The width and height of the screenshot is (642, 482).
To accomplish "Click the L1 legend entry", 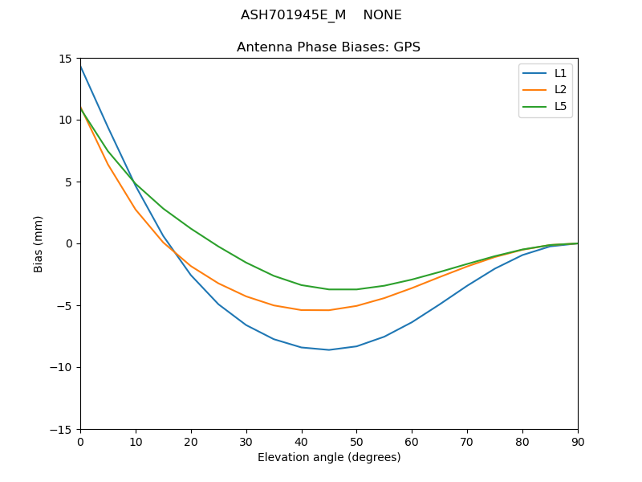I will pos(560,73).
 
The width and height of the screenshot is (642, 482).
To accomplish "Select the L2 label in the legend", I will pos(560,90).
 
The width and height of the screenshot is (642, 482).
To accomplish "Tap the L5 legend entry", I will pos(560,106).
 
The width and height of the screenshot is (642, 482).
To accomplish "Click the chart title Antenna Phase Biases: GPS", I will pos(328,47).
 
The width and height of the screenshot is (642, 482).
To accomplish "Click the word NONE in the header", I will pos(382,15).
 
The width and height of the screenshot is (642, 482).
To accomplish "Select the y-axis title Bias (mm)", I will pos(39,243).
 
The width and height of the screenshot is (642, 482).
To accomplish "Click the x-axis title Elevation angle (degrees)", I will pos(329,457).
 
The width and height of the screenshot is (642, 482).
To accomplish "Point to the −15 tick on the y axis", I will pos(63,429).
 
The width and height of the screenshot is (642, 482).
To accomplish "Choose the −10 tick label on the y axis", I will pos(63,367).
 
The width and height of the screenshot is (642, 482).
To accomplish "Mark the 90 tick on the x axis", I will pos(578,442).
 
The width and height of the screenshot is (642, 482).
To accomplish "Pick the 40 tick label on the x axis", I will pos(302,442).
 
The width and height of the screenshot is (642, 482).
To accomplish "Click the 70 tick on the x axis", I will pos(467,442).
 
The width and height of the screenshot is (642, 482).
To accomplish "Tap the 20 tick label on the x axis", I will pos(191,442).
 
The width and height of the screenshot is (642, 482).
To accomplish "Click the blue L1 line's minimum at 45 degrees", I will pos(329,349).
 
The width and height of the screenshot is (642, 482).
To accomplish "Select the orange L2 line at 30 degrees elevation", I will pos(246,296).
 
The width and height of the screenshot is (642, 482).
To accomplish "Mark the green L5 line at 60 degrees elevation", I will pos(412,280).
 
